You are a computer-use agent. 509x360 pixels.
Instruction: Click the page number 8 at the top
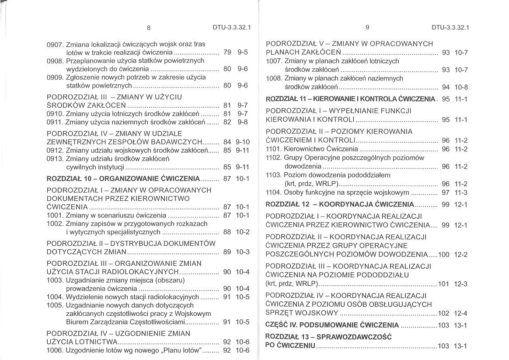point(149,28)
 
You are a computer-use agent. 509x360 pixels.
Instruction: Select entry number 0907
point(56,44)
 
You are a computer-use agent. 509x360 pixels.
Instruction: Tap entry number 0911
point(56,122)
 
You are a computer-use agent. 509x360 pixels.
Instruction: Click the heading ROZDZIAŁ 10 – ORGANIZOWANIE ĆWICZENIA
point(123,178)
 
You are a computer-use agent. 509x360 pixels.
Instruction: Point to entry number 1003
point(56,280)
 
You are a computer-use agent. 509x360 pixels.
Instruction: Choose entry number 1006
point(56,350)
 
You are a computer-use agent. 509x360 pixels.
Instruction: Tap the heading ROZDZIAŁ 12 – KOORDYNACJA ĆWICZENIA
point(339,204)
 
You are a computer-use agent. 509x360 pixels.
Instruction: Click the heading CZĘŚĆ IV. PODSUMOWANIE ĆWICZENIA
point(332,325)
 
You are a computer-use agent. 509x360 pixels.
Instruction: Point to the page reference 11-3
point(460,192)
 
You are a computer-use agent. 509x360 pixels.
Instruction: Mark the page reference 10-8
point(460,87)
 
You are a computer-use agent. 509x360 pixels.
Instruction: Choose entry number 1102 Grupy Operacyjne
point(274,158)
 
